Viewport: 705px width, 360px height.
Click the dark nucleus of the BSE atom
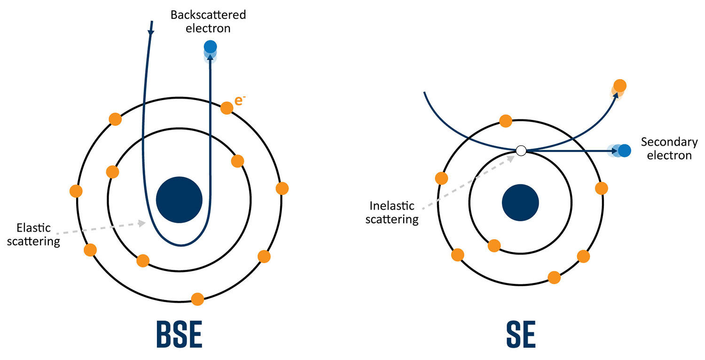(x=179, y=199)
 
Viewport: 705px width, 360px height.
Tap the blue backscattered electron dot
(x=210, y=47)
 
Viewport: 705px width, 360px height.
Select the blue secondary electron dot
(x=624, y=150)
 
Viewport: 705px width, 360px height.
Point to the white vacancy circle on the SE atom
(x=521, y=150)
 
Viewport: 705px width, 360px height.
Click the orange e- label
(x=239, y=101)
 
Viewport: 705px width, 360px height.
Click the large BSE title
(x=179, y=334)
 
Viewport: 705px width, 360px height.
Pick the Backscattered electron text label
(x=208, y=21)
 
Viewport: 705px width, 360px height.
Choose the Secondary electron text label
(x=669, y=149)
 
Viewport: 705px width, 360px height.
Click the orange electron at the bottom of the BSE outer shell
(x=197, y=299)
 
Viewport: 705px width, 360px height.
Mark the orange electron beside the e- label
(x=227, y=108)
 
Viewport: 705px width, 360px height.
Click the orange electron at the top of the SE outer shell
(x=506, y=121)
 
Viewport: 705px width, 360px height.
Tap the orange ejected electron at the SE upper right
(x=620, y=86)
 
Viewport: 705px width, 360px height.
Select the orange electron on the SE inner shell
(x=494, y=246)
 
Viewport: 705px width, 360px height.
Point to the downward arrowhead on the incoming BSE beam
(x=151, y=33)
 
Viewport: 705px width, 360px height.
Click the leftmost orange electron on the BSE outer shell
(x=76, y=191)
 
